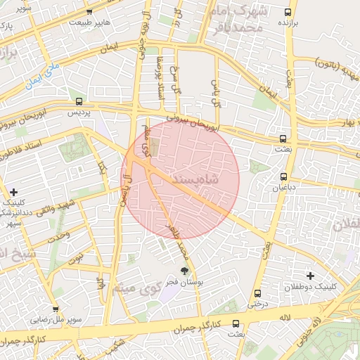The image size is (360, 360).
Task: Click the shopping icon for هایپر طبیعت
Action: point(89,12)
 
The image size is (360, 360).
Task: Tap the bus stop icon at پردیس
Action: point(79,101)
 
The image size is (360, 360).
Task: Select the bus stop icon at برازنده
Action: point(288,12)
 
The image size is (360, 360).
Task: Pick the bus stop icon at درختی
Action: point(257,292)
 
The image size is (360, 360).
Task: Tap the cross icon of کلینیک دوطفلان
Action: point(310,275)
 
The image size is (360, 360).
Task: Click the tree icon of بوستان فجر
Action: point(185,270)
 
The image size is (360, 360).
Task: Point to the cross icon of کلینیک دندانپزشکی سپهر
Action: point(13,192)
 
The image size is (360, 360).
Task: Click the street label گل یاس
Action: point(217,89)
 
